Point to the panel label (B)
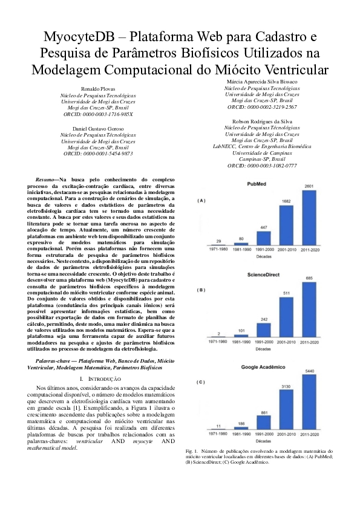coord(201,291)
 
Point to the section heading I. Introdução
coord(97,378)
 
